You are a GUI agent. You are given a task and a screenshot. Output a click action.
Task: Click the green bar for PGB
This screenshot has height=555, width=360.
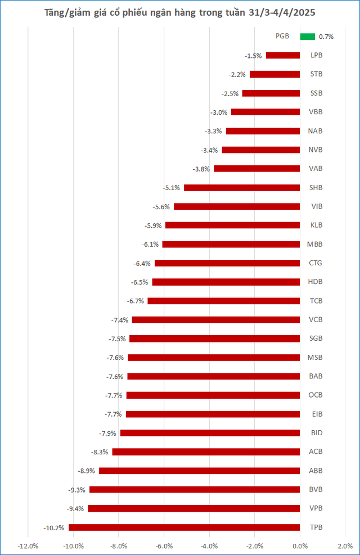308,37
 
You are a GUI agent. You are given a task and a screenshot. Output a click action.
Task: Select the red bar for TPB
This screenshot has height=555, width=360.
184,527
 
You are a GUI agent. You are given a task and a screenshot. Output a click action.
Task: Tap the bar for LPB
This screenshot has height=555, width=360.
283,55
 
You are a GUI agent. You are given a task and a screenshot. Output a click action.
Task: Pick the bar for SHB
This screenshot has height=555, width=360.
242,188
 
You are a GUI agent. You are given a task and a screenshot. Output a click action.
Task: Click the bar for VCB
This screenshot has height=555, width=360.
216,319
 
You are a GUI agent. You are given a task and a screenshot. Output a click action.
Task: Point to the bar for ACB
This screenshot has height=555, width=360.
206,452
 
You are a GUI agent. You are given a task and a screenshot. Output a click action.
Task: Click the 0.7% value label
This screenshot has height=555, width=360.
326,37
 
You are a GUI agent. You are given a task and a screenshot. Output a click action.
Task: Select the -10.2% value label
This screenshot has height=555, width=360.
54,528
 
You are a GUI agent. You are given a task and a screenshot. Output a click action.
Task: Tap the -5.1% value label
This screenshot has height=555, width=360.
172,188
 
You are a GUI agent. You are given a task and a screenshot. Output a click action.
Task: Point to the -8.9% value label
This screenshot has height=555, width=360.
87,471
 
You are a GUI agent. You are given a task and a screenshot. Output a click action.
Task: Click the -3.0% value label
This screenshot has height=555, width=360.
219,112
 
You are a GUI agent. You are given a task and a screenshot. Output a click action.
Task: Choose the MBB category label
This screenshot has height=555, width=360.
315,244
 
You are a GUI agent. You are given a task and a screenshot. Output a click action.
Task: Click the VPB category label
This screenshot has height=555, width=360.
316,508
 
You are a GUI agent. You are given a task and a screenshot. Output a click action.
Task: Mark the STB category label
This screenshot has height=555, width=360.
317,74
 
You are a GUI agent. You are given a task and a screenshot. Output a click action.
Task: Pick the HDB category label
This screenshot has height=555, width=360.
316,282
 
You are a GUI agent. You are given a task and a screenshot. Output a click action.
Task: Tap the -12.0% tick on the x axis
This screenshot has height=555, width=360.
28,546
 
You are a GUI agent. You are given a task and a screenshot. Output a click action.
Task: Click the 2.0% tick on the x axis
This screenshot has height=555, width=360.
345,546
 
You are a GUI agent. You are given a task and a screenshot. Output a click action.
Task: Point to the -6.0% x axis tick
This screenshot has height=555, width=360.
164,546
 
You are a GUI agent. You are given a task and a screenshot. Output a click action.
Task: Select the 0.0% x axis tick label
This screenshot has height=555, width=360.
300,546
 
